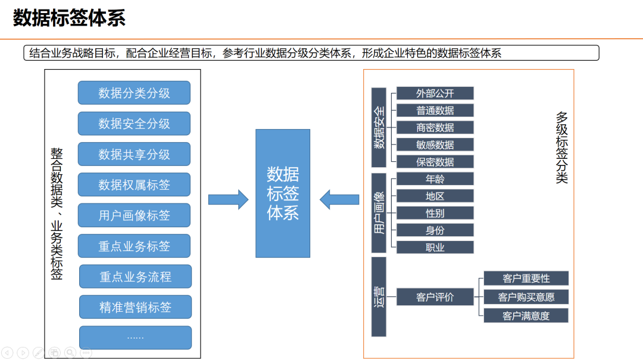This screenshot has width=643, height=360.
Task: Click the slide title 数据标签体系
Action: pyautogui.click(x=69, y=18)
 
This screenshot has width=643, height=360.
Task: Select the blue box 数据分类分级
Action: pyautogui.click(x=134, y=93)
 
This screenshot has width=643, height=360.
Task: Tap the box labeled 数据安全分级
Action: pyautogui.click(x=134, y=124)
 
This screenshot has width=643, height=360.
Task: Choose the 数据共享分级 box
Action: pyautogui.click(x=134, y=154)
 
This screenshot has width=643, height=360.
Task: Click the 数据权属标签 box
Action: pyautogui.click(x=134, y=185)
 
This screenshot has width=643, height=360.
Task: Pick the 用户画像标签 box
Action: pyautogui.click(x=134, y=215)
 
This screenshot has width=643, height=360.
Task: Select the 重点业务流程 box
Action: pyautogui.click(x=135, y=277)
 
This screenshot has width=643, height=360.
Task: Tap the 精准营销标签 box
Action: pyautogui.click(x=135, y=307)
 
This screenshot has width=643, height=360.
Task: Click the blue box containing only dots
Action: pyautogui.click(x=135, y=337)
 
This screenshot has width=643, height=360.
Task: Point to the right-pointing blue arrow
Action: pyautogui.click(x=228, y=199)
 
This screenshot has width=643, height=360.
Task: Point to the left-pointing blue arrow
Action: pyautogui.click(x=339, y=199)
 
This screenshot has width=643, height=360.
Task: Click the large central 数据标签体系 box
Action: pyautogui.click(x=283, y=193)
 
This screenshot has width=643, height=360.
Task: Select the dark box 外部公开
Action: pyautogui.click(x=435, y=93)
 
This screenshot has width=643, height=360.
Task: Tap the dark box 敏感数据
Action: pyautogui.click(x=435, y=145)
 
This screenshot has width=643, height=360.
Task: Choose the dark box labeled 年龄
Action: pyautogui.click(x=435, y=179)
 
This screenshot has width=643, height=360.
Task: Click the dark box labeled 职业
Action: pyautogui.click(x=435, y=248)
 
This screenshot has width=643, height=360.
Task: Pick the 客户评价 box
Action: pyautogui.click(x=435, y=297)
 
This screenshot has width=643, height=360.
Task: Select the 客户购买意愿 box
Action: pyautogui.click(x=526, y=297)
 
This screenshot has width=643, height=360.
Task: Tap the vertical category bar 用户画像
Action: pyautogui.click(x=379, y=212)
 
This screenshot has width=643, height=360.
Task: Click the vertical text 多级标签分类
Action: pyautogui.click(x=561, y=147)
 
